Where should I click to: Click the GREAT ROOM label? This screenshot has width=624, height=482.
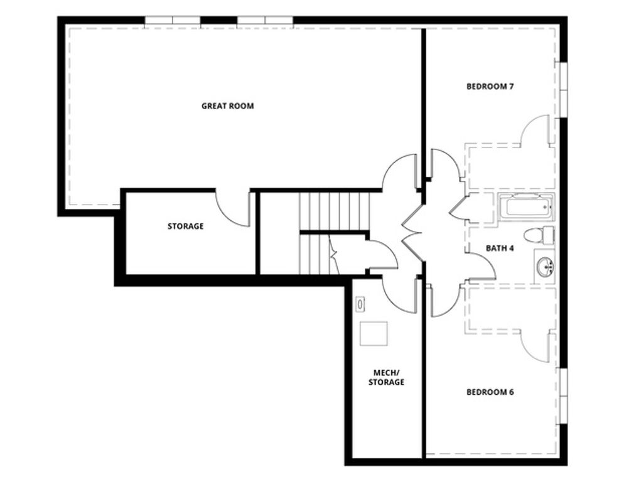[227, 106]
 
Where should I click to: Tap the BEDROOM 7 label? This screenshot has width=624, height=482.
[490, 86]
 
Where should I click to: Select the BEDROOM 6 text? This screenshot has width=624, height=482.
[490, 392]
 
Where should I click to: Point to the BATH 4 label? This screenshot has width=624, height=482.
[500, 248]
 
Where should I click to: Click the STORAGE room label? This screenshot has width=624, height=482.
[185, 226]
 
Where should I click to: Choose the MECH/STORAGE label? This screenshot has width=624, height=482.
[385, 377]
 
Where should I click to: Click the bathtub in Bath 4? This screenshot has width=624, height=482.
[526, 206]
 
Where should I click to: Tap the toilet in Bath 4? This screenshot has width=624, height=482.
[539, 236]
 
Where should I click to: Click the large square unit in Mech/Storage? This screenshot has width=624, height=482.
[374, 333]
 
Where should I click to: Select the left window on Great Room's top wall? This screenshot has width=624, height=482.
[173, 21]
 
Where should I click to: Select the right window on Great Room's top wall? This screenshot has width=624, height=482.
[265, 21]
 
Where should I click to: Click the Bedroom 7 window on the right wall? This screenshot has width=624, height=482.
[563, 88]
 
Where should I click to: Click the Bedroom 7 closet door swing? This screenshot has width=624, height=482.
[535, 131]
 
